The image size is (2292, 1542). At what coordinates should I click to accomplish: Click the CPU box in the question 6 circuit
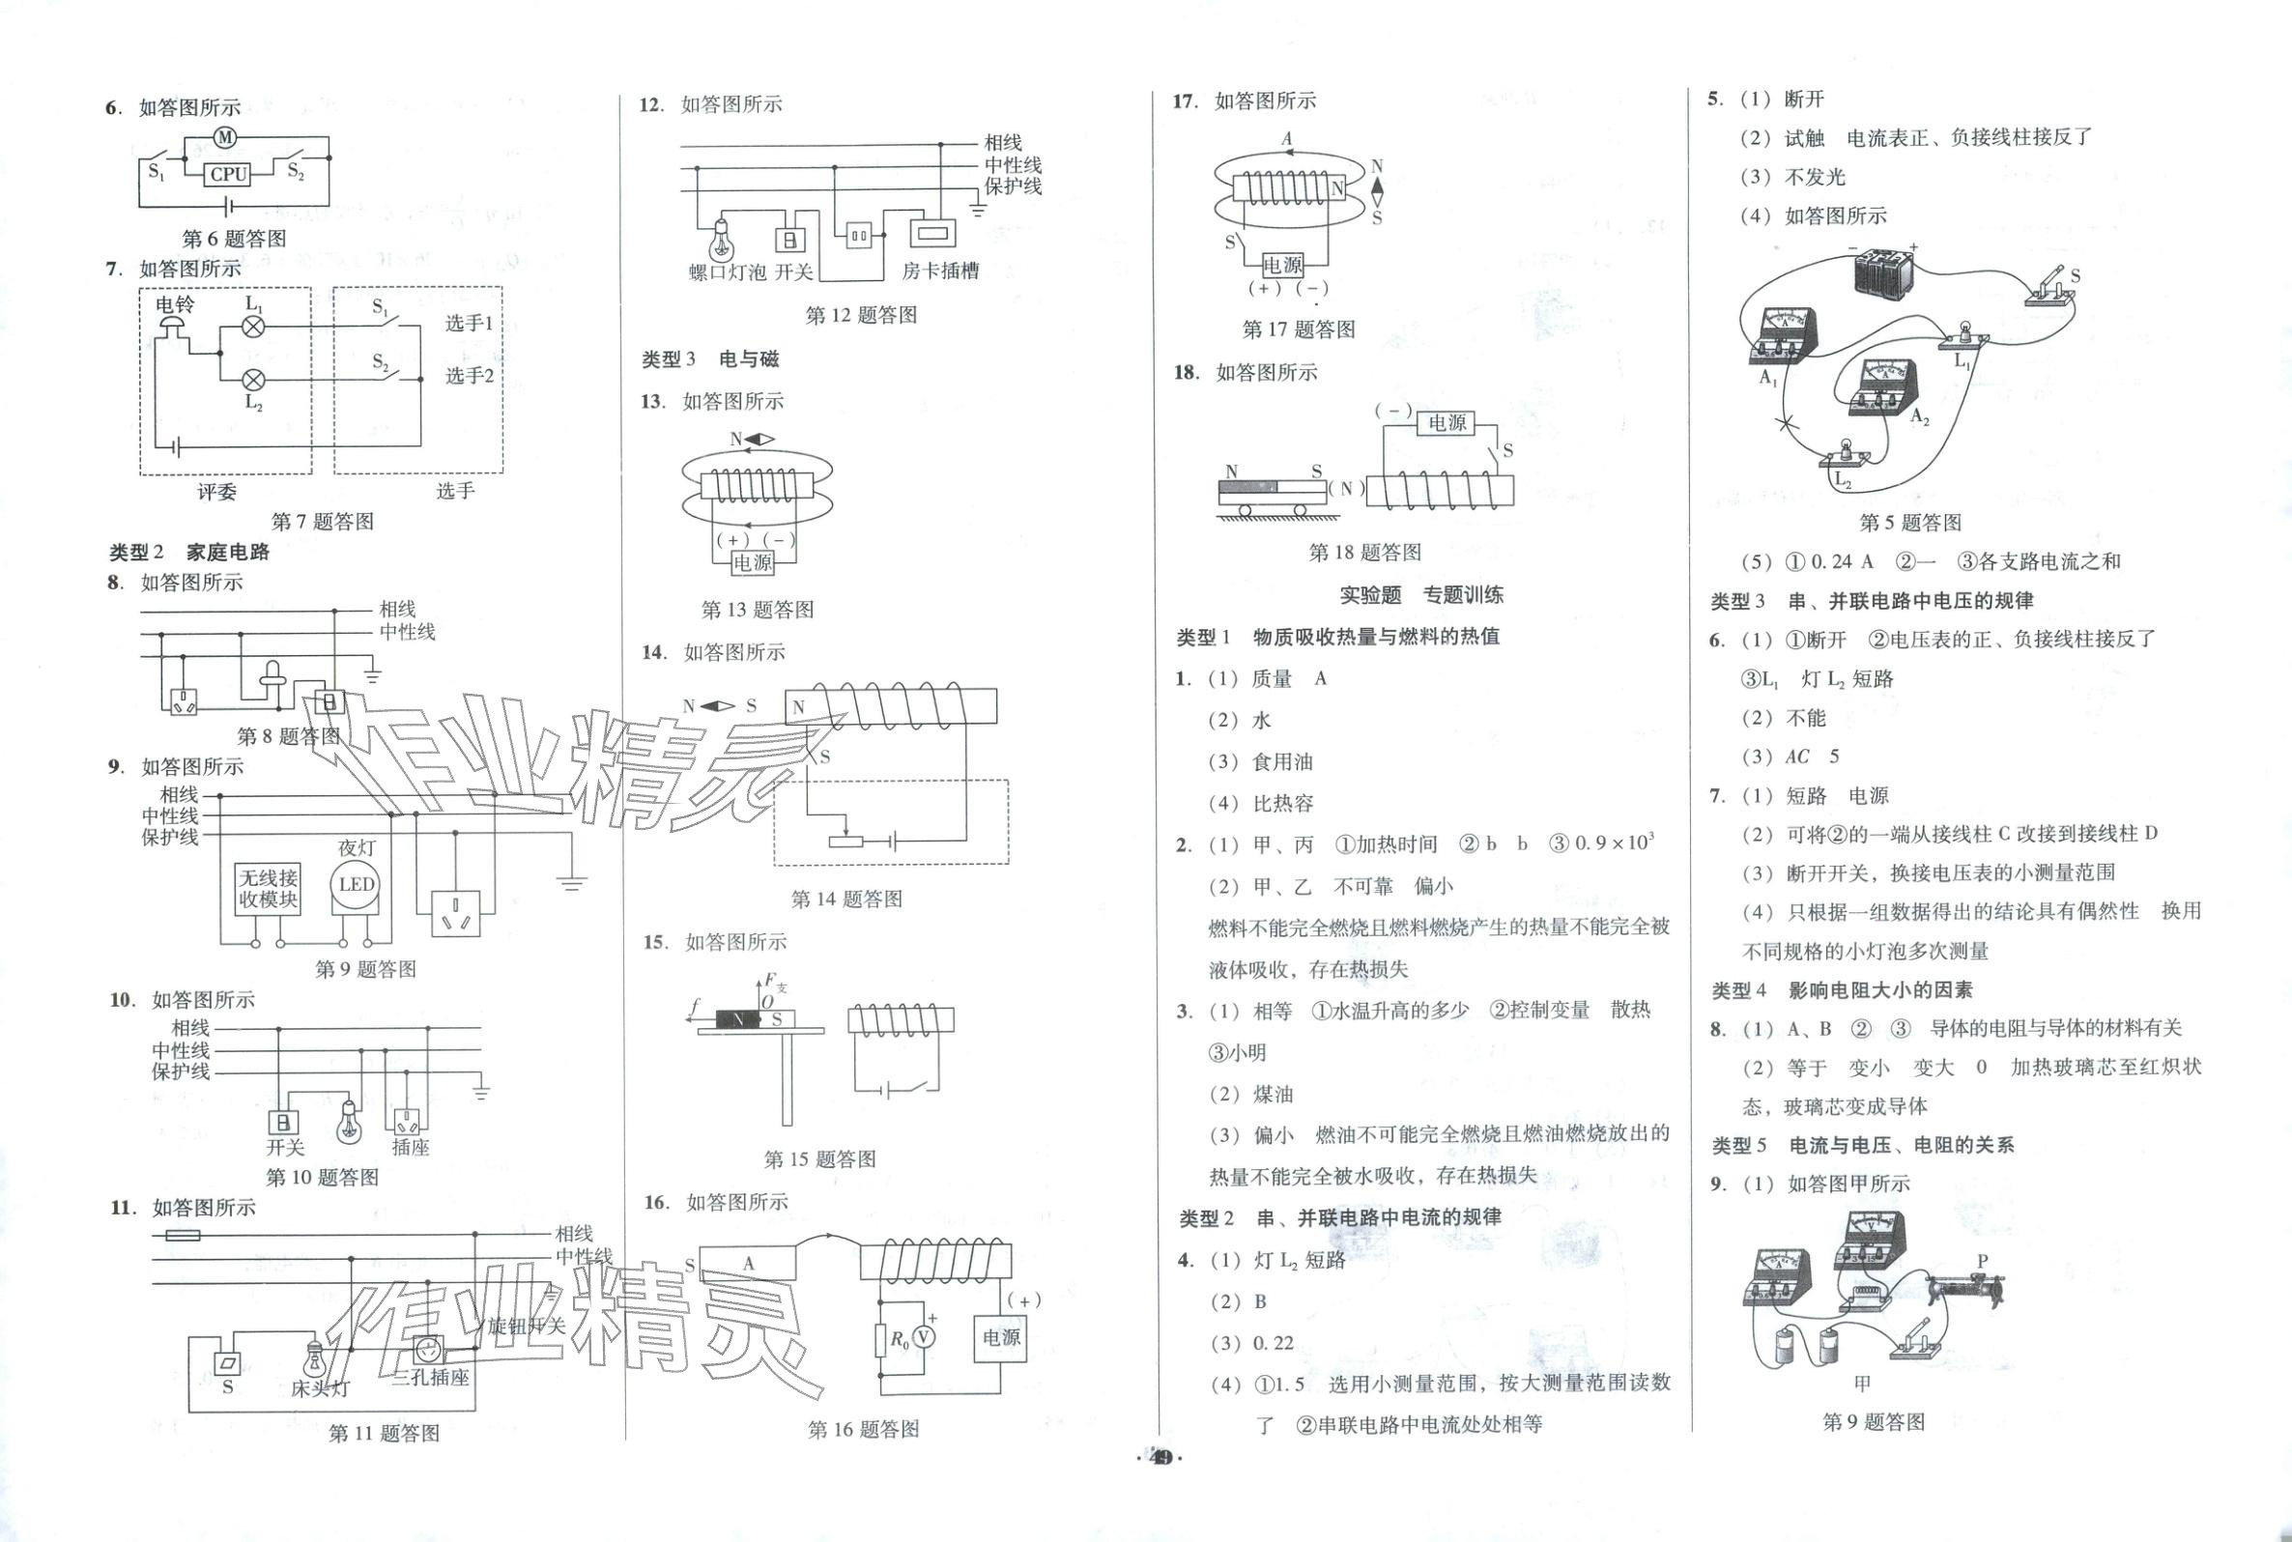tap(228, 174)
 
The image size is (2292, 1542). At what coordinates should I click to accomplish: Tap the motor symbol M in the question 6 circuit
tap(225, 137)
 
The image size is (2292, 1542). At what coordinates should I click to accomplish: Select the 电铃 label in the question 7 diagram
tap(175, 305)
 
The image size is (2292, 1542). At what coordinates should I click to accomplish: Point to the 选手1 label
tap(470, 324)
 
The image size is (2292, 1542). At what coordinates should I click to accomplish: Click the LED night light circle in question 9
tap(356, 884)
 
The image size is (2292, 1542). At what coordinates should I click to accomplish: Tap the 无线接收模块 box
tap(268, 889)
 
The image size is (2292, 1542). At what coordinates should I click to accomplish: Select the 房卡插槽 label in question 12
tap(940, 271)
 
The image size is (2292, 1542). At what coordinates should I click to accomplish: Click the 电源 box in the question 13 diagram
tap(753, 562)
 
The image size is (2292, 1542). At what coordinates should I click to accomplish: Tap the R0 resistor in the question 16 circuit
tap(882, 1338)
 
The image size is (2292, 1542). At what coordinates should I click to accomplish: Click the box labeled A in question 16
tap(748, 1264)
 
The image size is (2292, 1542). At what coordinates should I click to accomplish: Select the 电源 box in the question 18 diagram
tap(1447, 423)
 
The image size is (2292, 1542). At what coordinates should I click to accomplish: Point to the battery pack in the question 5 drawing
tap(1884, 271)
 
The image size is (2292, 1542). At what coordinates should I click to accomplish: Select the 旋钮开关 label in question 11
tap(527, 1326)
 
